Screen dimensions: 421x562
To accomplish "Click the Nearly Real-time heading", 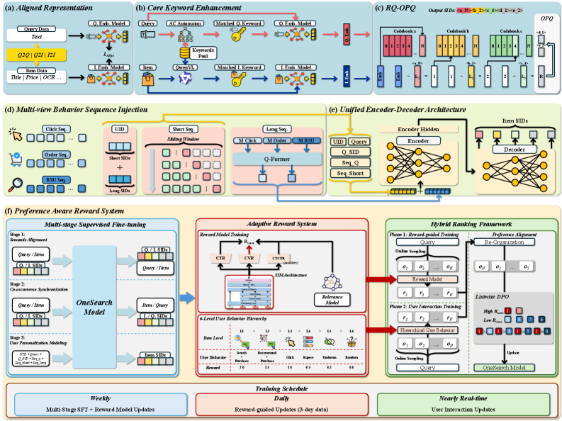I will point(461,398).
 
